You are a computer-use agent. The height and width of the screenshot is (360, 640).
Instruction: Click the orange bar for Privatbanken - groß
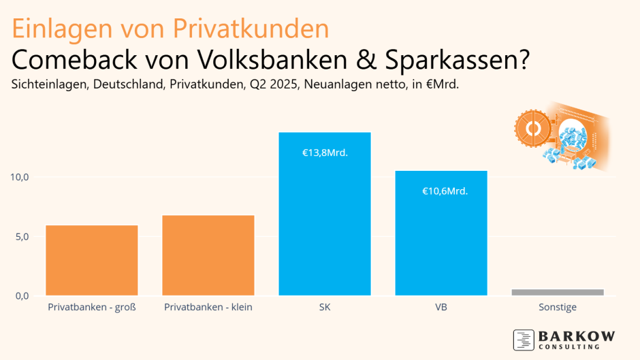(92, 261)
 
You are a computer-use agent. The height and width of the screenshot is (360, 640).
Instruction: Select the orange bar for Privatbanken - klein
(208, 256)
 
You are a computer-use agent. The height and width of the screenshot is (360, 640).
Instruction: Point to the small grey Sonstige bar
(558, 293)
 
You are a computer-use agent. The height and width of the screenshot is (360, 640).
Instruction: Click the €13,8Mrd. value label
(325, 153)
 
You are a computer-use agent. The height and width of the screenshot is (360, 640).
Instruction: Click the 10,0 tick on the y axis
(19, 177)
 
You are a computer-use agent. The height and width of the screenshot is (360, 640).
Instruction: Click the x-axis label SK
(325, 308)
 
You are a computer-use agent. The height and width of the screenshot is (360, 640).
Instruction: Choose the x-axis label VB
(441, 308)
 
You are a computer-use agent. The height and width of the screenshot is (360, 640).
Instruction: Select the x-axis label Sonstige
(558, 308)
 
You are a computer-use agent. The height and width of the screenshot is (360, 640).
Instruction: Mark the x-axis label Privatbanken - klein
(208, 308)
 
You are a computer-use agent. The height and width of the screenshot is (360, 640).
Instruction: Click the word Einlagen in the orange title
(55, 29)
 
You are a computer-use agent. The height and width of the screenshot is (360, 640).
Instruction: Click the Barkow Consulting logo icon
(524, 340)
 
